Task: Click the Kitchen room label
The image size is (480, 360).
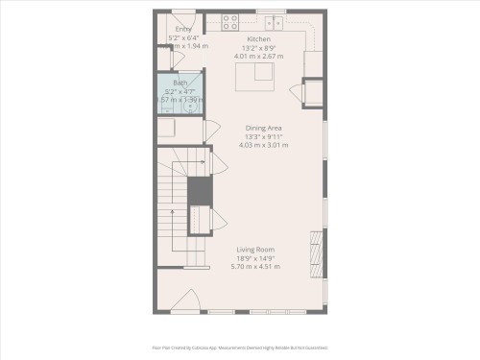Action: coord(258,38)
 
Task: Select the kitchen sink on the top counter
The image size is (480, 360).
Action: coord(275,20)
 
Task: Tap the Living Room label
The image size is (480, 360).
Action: coord(256,250)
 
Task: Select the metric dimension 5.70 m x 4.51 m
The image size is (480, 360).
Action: coord(256,266)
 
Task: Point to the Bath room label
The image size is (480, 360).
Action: coord(180,83)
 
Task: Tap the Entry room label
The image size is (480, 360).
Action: coord(182,30)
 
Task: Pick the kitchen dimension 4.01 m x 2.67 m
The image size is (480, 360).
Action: coord(258,56)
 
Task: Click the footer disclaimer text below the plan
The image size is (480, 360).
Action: coord(240,348)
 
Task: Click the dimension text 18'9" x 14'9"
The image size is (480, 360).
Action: coord(256,257)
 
